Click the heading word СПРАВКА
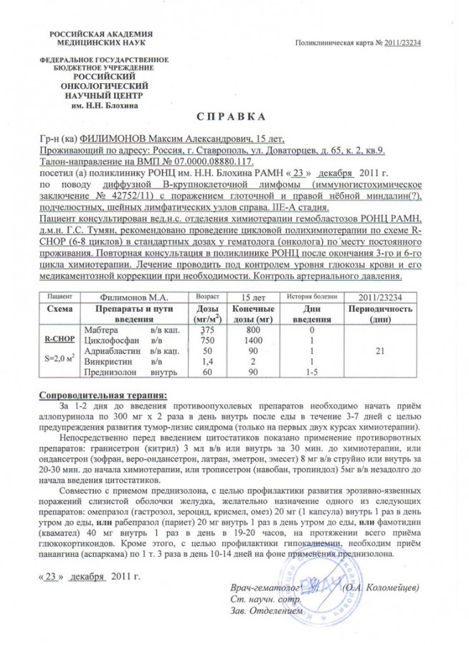(231, 116)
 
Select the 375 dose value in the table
(208, 329)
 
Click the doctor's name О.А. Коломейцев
(382, 587)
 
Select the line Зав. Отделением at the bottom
(261, 610)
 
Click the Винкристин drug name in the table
(105, 361)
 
